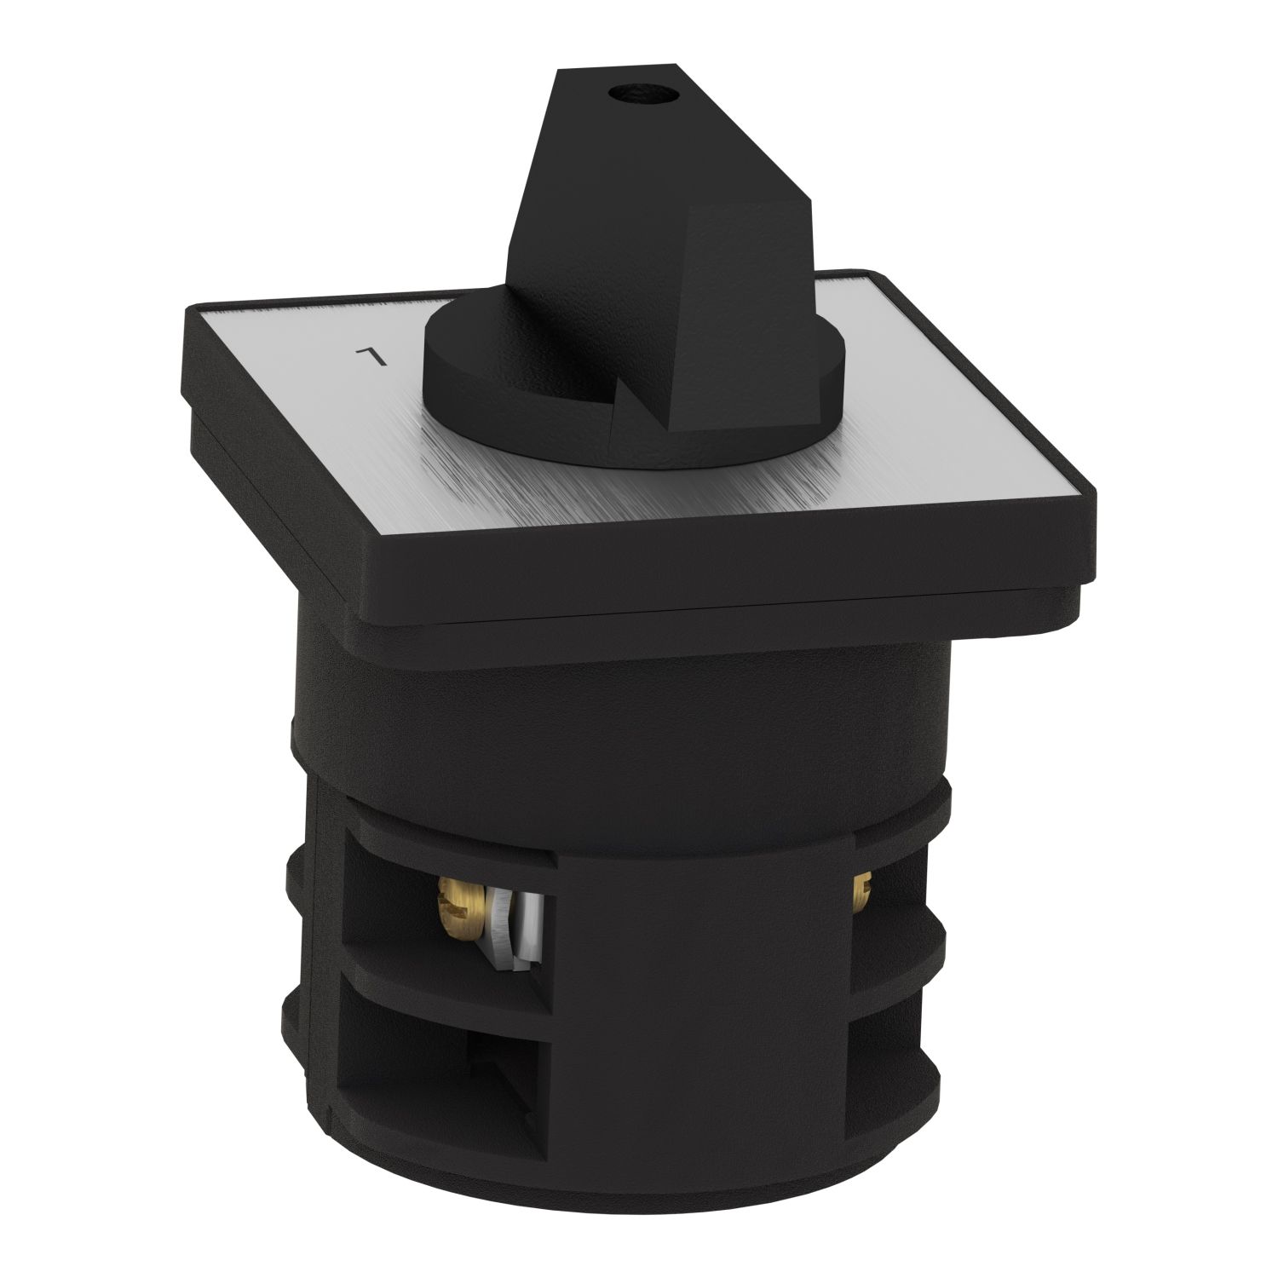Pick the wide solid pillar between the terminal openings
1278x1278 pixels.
click(699, 980)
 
